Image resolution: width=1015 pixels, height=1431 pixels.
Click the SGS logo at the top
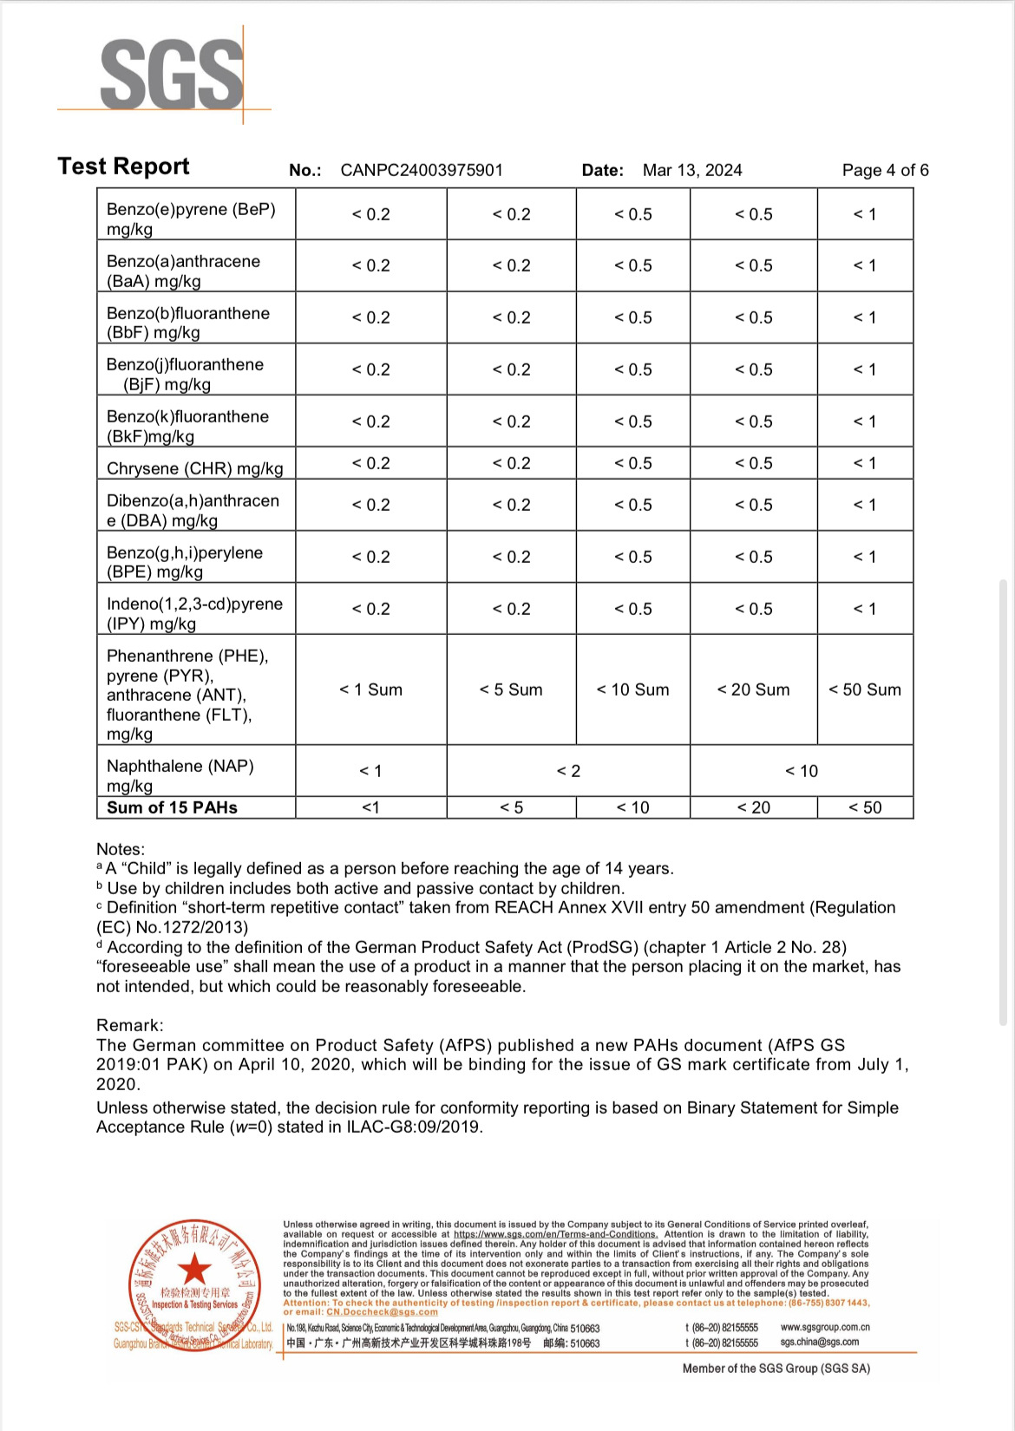click(x=171, y=75)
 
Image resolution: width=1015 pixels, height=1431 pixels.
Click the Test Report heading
click(x=123, y=167)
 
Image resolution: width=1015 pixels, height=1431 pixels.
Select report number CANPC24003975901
click(x=422, y=170)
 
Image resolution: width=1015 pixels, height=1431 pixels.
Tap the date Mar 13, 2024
click(x=692, y=170)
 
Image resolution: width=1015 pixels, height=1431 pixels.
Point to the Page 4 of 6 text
click(x=885, y=170)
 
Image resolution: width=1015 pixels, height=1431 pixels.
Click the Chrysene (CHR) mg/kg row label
click(x=195, y=468)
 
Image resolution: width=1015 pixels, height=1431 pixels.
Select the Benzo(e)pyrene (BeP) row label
click(x=191, y=219)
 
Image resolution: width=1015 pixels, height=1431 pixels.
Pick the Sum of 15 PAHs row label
click(x=172, y=807)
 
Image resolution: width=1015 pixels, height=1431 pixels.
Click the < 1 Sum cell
click(x=370, y=689)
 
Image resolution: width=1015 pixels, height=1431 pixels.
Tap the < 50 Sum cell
click(x=865, y=689)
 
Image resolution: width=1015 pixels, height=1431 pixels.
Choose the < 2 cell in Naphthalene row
click(x=568, y=771)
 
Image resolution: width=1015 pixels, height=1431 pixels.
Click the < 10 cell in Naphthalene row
click(x=802, y=771)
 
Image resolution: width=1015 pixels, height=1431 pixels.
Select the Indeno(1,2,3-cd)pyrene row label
click(x=194, y=613)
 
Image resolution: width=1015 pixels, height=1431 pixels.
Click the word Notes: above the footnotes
click(x=121, y=849)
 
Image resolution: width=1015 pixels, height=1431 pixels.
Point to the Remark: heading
click(x=129, y=1025)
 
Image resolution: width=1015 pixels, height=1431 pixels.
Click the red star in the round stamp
click(x=194, y=1269)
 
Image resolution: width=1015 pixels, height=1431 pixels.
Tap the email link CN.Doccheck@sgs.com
click(x=382, y=1312)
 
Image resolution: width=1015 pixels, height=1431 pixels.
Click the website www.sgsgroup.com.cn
click(x=825, y=1327)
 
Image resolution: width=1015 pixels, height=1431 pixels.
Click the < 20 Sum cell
click(x=753, y=689)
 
